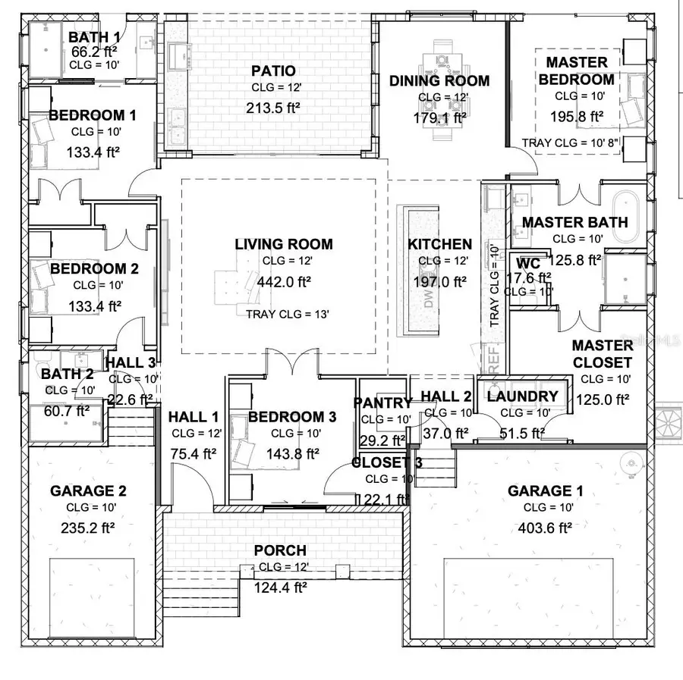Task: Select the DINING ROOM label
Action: [x=439, y=81]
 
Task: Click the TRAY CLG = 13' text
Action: [x=287, y=314]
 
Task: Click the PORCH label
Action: [x=280, y=550]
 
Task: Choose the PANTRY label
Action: [x=382, y=403]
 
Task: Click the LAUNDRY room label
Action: [x=522, y=396]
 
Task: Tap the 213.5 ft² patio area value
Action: [x=272, y=108]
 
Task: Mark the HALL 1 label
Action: [x=193, y=416]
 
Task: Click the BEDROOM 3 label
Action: [x=292, y=417]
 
